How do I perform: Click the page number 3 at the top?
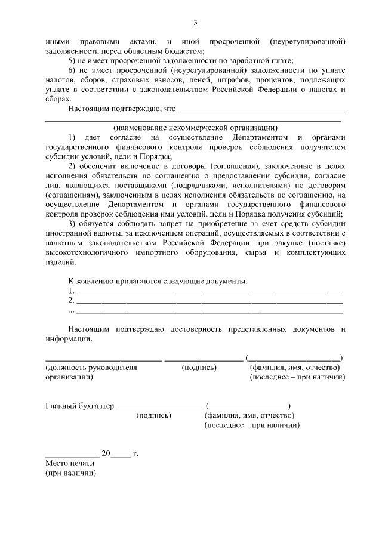195,23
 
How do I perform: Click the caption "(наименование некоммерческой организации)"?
195,127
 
